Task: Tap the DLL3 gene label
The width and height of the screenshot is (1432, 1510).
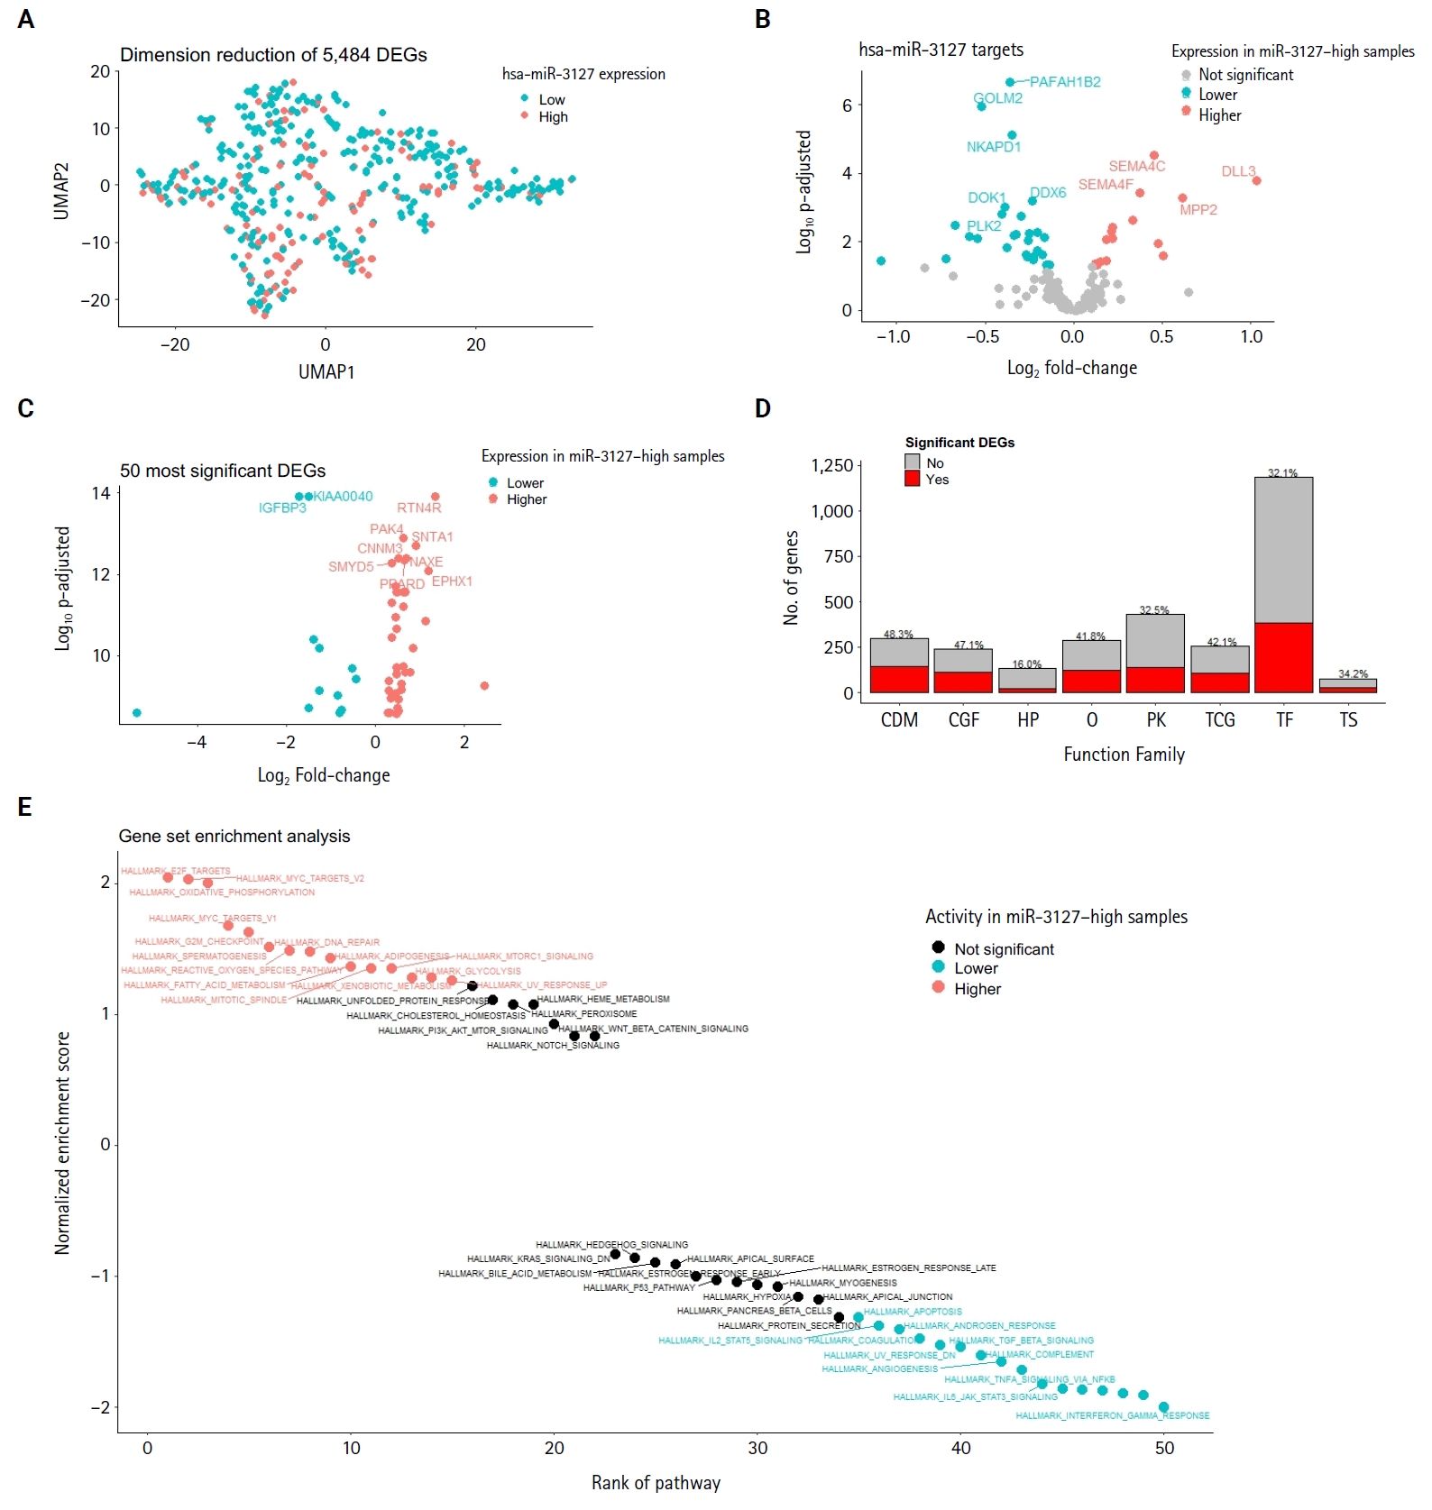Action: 1237,171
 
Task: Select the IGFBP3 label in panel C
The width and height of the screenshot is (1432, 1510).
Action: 282,508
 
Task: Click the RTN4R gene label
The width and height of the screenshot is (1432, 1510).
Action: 419,508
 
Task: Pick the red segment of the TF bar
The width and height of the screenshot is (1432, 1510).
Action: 1283,657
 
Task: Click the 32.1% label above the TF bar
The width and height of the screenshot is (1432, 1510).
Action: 1282,473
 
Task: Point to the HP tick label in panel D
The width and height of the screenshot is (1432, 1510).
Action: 1027,719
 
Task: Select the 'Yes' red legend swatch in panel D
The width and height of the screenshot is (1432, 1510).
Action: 913,480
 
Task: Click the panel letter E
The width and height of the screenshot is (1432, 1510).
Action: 25,807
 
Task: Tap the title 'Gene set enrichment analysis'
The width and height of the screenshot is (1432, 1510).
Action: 234,837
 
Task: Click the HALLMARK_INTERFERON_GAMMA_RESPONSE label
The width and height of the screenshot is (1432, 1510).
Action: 1112,1415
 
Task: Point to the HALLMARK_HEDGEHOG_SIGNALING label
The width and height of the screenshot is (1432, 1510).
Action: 611,1245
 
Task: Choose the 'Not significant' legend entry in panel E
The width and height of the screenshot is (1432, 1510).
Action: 1004,949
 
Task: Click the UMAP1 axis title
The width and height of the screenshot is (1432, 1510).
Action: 326,371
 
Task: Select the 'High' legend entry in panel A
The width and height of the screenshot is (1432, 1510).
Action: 553,117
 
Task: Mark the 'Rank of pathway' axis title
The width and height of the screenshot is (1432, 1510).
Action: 656,1483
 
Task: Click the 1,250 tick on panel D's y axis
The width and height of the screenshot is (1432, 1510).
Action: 831,466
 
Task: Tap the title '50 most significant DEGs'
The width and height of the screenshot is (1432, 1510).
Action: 223,471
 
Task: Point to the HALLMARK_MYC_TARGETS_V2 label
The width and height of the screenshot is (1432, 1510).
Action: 300,878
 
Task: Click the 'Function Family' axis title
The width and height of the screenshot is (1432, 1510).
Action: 1124,755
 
